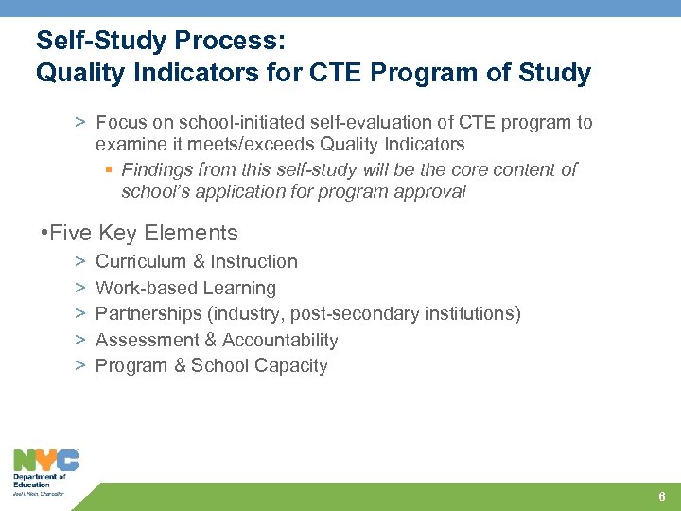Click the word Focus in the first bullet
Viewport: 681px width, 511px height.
[119, 122]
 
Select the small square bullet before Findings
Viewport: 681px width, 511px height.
[108, 170]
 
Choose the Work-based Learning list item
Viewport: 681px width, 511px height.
[185, 289]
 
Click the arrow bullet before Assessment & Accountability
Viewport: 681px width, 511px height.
[80, 340]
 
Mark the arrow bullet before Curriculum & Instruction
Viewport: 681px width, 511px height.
[80, 261]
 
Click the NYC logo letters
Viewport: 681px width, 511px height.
[45, 460]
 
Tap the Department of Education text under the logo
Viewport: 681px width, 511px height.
[39, 481]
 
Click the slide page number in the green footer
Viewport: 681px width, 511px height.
[662, 498]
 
